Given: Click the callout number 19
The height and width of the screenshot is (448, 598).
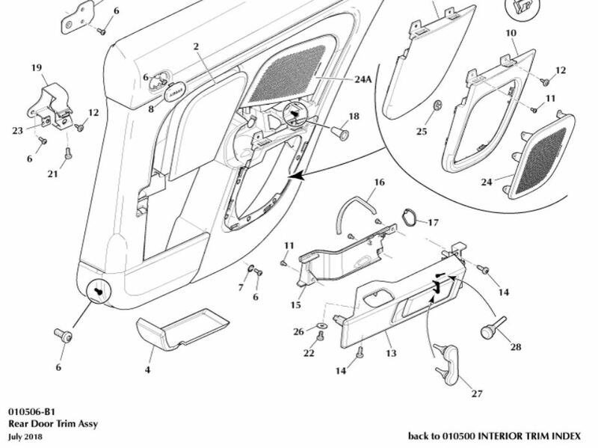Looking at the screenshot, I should [35, 67].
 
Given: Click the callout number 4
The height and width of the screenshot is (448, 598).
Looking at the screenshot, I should [147, 369].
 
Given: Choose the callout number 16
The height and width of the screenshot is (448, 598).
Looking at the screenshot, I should [379, 182].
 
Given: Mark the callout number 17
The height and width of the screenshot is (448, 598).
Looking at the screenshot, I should [434, 222].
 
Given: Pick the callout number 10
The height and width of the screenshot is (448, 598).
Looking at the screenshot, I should [511, 35].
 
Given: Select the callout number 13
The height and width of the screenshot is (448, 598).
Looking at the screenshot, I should [389, 352].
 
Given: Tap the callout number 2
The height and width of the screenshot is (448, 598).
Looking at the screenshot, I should [195, 46].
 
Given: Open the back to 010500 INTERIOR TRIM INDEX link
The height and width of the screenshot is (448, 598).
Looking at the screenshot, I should [499, 435].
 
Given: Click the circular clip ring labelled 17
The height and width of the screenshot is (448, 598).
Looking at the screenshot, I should [410, 220].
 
